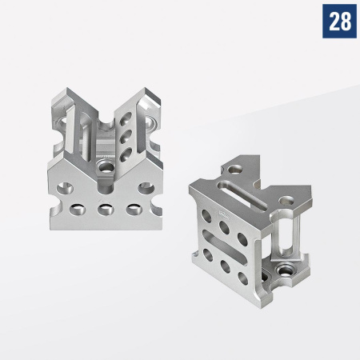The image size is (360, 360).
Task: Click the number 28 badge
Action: coord(339,22)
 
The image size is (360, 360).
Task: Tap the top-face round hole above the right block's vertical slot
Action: coord(285,197)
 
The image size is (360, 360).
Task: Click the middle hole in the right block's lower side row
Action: coord(226,264)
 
